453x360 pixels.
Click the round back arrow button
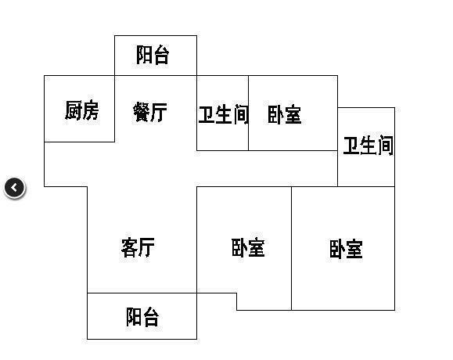click(15, 188)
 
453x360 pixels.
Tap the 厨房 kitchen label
click(82, 110)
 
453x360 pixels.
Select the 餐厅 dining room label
click(150, 112)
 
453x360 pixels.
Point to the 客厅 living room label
click(138, 247)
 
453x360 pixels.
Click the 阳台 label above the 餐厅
click(153, 55)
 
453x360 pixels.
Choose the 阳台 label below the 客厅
click(142, 317)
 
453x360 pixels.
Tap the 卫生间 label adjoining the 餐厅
click(223, 115)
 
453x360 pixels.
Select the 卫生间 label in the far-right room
click(369, 146)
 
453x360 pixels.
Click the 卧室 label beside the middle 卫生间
click(285, 114)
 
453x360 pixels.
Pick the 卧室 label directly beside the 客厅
click(248, 247)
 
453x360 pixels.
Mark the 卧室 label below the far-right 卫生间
click(346, 249)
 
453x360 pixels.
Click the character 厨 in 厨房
click(73, 110)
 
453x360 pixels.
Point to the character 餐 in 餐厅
click(142, 112)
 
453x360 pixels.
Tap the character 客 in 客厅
click(129, 247)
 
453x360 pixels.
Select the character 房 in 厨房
click(91, 110)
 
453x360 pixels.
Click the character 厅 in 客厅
click(146, 247)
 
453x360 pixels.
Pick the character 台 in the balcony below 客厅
click(151, 317)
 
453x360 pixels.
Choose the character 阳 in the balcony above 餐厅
click(144, 55)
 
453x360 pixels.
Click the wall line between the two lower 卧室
click(291, 248)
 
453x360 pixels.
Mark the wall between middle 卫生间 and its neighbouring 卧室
click(249, 113)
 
